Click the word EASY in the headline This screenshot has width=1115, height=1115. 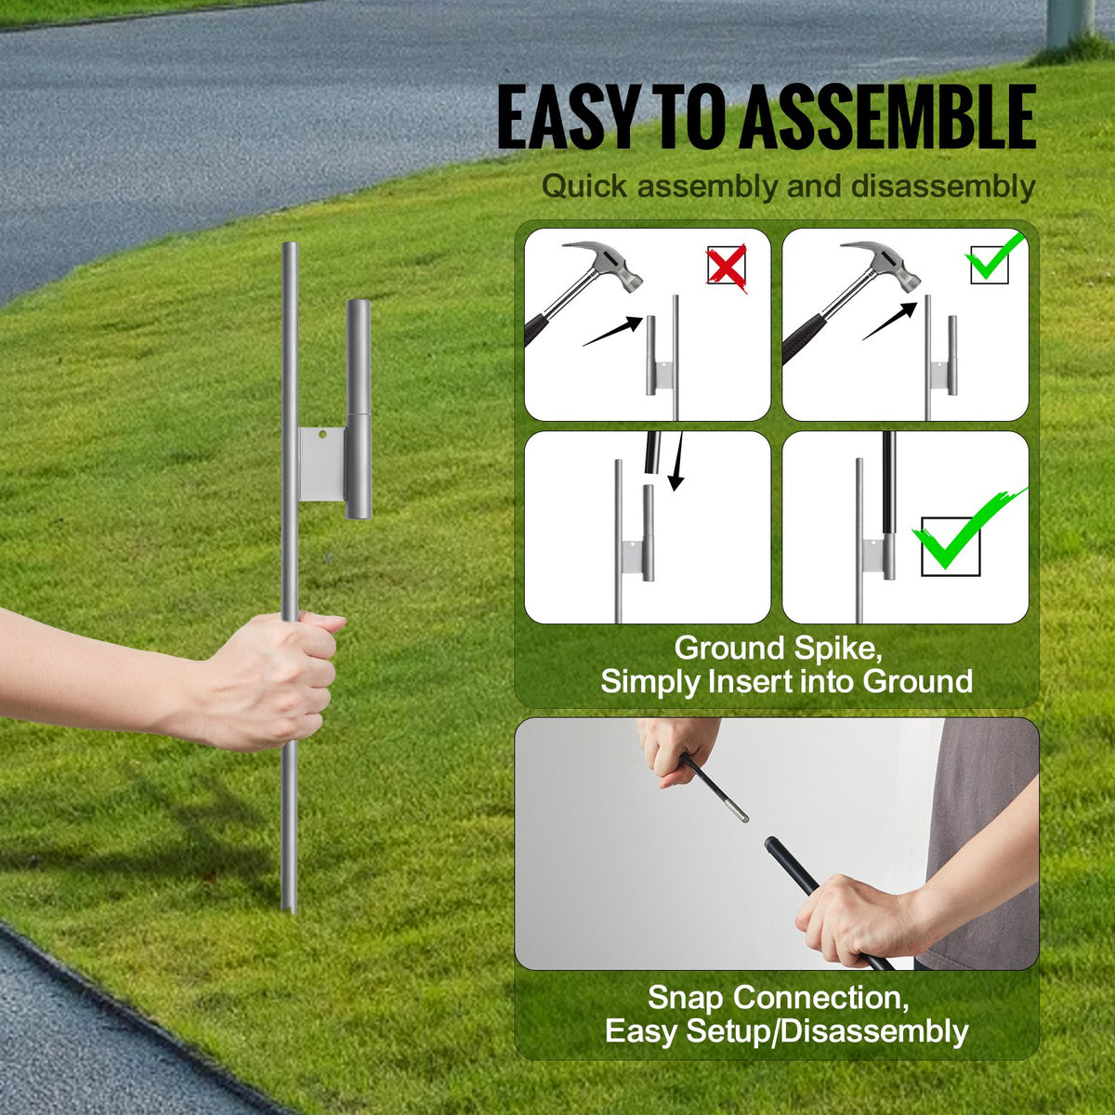[566, 118]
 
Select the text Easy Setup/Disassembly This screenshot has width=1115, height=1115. [786, 1031]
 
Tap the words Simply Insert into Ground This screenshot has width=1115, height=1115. [786, 682]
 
